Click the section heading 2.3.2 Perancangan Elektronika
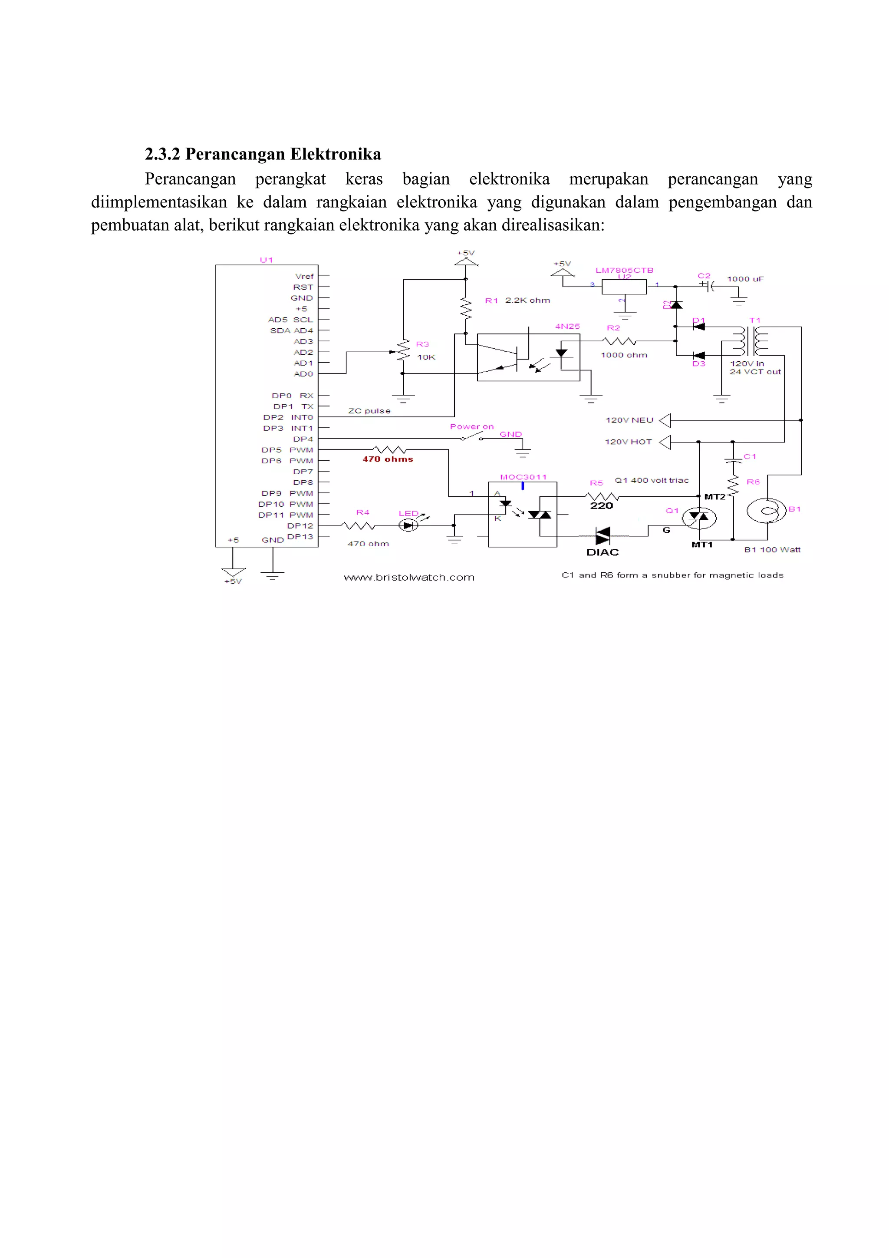[263, 154]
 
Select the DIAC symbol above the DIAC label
[603, 535]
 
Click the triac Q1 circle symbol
[699, 518]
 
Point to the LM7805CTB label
[625, 270]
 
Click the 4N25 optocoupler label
[567, 326]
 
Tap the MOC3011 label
[523, 477]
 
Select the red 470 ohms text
[388, 459]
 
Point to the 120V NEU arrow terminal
[665, 420]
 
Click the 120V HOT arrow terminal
[665, 442]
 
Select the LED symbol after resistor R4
[408, 525]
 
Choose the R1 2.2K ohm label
[517, 300]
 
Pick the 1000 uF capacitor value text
[745, 279]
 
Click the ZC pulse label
[369, 411]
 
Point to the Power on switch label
[471, 426]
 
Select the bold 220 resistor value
[602, 506]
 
